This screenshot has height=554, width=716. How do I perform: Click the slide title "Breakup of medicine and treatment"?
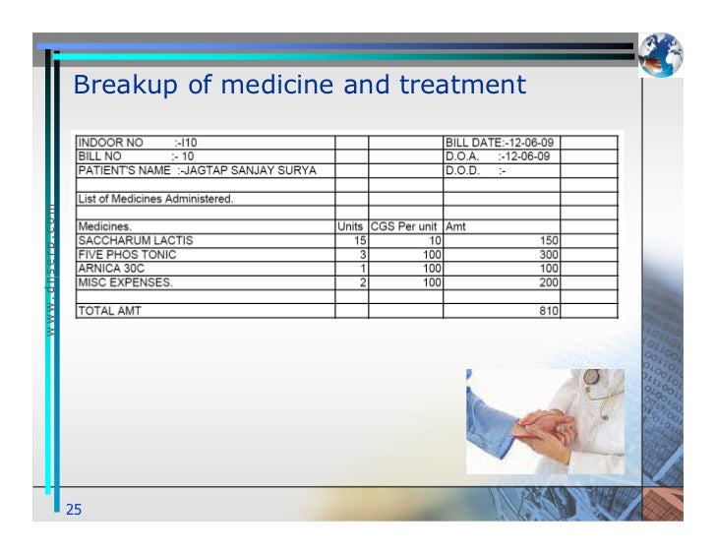300,86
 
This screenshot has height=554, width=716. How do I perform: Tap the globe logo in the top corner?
659,54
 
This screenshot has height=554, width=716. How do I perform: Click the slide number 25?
74,509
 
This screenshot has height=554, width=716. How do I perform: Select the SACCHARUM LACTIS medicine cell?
136,240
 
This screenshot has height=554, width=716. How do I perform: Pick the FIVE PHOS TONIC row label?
128,254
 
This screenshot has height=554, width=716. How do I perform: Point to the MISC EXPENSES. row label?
126,282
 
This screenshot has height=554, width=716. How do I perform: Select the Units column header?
350,226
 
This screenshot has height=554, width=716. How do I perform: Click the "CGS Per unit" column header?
403,226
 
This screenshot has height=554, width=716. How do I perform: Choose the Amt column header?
456,226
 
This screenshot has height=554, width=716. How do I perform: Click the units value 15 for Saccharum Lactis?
359,240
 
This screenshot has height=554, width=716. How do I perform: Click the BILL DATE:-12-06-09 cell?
501,143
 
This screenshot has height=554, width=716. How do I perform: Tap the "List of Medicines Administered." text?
155,199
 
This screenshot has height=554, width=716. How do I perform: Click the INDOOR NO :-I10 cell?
138,143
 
